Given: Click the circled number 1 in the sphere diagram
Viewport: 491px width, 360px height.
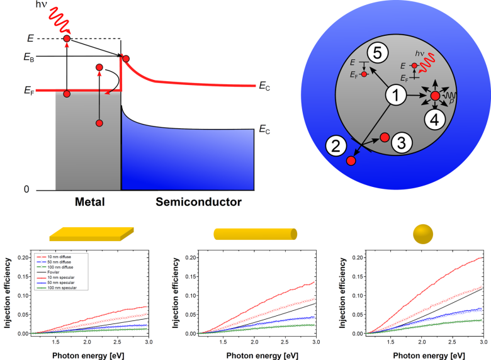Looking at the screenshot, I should [395, 96].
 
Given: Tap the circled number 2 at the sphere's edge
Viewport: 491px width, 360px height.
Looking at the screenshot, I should [336, 147].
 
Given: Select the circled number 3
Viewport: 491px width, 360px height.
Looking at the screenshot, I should [402, 142].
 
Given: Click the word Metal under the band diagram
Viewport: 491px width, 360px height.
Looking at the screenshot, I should [88, 202].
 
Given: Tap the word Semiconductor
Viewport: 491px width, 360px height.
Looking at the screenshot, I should [190, 202].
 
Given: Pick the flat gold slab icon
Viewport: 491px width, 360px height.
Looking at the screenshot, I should [91, 234].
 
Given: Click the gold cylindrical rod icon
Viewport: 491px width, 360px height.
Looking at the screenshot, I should [255, 234].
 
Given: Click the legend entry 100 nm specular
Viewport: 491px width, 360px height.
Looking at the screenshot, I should [56, 288].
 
